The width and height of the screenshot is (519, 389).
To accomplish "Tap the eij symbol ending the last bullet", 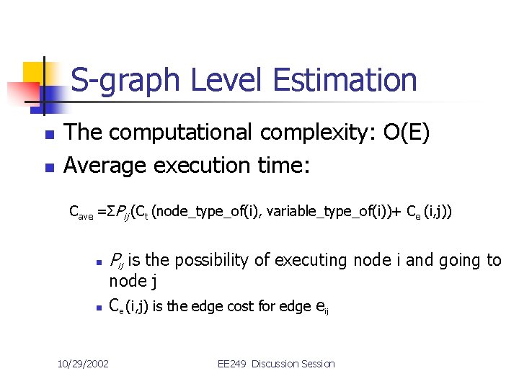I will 324,308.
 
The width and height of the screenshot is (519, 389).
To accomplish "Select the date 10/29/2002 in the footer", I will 83,364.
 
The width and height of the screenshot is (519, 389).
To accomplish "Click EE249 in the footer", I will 232,364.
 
